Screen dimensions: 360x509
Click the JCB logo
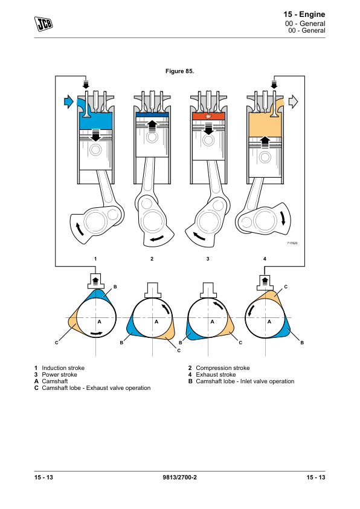(43, 24)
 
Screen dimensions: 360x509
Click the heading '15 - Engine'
(304, 15)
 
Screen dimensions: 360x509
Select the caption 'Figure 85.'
(179, 71)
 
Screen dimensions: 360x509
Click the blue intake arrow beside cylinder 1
(69, 102)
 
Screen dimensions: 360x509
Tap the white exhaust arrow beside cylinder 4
(293, 102)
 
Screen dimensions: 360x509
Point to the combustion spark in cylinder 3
(208, 116)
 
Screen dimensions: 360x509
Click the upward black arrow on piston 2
(152, 125)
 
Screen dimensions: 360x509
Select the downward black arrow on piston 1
(95, 135)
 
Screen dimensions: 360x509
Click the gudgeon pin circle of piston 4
(265, 157)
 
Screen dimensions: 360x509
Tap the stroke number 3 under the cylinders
(208, 259)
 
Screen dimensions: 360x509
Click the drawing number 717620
(292, 243)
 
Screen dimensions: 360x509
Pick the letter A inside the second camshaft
(156, 322)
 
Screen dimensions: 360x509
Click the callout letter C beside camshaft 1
(56, 343)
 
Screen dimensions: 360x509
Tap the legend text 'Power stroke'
(59, 375)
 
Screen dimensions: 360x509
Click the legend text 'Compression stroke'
(223, 368)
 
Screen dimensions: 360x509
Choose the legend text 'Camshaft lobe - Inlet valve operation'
(245, 381)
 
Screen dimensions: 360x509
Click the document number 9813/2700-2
(179, 477)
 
